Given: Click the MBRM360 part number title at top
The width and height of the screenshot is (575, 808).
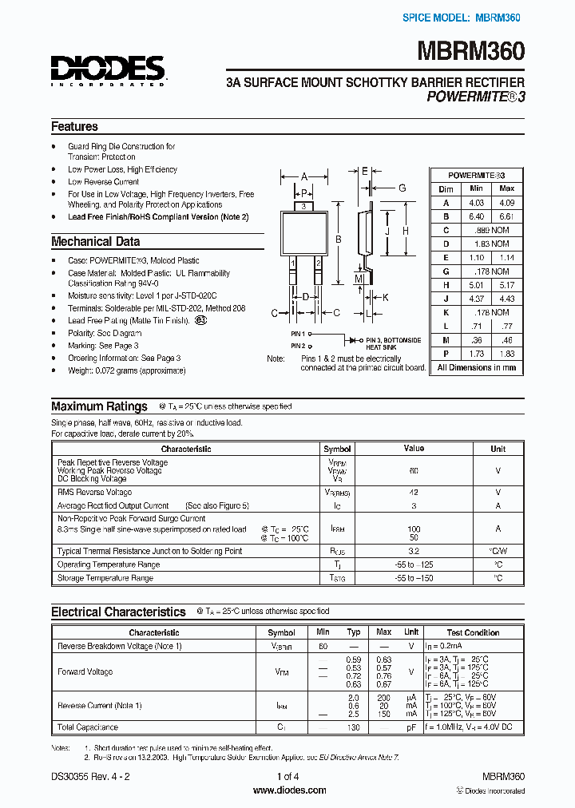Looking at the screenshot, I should pyautogui.click(x=470, y=52).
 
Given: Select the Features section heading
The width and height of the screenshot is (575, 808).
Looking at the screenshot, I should pyautogui.click(x=74, y=127).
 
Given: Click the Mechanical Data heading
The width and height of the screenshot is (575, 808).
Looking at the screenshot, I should pyautogui.click(x=95, y=241).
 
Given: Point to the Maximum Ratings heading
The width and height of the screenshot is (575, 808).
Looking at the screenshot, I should pyautogui.click(x=99, y=406).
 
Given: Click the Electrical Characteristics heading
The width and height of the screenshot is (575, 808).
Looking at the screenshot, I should pyautogui.click(x=118, y=612).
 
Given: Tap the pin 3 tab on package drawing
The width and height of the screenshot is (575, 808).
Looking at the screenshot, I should pyautogui.click(x=305, y=206).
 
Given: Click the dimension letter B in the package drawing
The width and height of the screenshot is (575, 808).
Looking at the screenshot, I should pyautogui.click(x=339, y=239).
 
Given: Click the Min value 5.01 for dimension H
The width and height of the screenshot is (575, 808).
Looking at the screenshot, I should pyautogui.click(x=476, y=285).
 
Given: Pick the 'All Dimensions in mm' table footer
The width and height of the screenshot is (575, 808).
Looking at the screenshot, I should pyautogui.click(x=477, y=368).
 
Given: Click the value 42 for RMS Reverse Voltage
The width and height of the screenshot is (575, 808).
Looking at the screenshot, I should pyautogui.click(x=414, y=493).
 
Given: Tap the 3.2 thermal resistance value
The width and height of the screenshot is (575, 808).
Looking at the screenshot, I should pyautogui.click(x=414, y=551).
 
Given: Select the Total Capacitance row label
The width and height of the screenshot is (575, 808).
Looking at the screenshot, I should pyautogui.click(x=88, y=727).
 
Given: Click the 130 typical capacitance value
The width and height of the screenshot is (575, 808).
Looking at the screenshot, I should pyautogui.click(x=355, y=727).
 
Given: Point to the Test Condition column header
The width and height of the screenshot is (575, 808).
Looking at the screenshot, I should pyautogui.click(x=474, y=632).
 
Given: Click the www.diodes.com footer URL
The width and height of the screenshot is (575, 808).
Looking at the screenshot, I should pyautogui.click(x=289, y=790).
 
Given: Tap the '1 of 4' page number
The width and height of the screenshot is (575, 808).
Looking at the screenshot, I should pyautogui.click(x=288, y=776).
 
